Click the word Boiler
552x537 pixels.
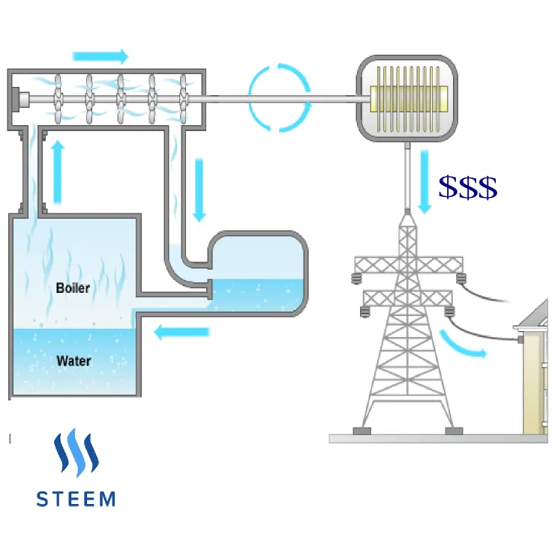[x=73, y=288]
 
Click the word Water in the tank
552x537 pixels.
[x=74, y=361]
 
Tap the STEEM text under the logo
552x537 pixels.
[x=76, y=499]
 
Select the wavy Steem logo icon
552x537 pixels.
[x=76, y=452]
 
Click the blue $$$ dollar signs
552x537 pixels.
[x=468, y=187]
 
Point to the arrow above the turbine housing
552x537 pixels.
[x=100, y=56]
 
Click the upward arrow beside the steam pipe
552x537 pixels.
[x=58, y=172]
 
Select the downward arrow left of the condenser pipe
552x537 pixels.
[x=199, y=190]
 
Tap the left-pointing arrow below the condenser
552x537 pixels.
[x=181, y=332]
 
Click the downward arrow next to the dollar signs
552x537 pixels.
[x=424, y=182]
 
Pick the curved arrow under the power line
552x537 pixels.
[x=461, y=345]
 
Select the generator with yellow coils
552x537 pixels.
[x=407, y=98]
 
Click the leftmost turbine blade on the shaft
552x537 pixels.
[x=58, y=99]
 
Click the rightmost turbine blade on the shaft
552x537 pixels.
[x=183, y=99]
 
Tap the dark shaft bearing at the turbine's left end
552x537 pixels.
[x=16, y=99]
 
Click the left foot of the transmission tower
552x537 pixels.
[x=361, y=431]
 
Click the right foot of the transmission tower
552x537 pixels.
[x=454, y=431]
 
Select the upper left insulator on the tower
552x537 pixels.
[x=356, y=279]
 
